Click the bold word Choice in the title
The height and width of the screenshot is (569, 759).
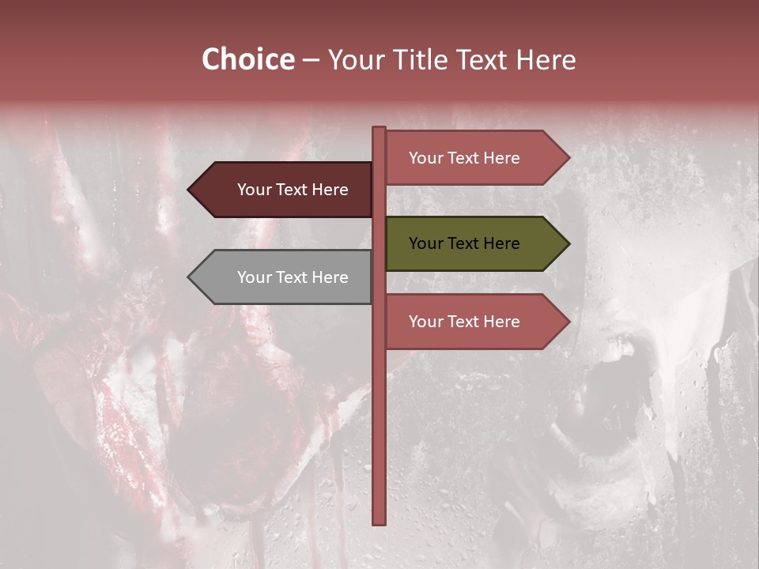247,60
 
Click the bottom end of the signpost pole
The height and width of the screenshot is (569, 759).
379,522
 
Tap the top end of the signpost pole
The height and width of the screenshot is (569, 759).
379,129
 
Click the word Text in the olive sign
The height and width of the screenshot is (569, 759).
464,243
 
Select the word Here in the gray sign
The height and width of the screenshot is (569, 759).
330,277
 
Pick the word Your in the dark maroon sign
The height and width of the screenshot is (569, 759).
255,190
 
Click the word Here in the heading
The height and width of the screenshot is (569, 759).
546,60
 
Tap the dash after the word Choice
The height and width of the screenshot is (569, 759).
311,61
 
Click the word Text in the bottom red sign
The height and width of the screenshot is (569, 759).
464,322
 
